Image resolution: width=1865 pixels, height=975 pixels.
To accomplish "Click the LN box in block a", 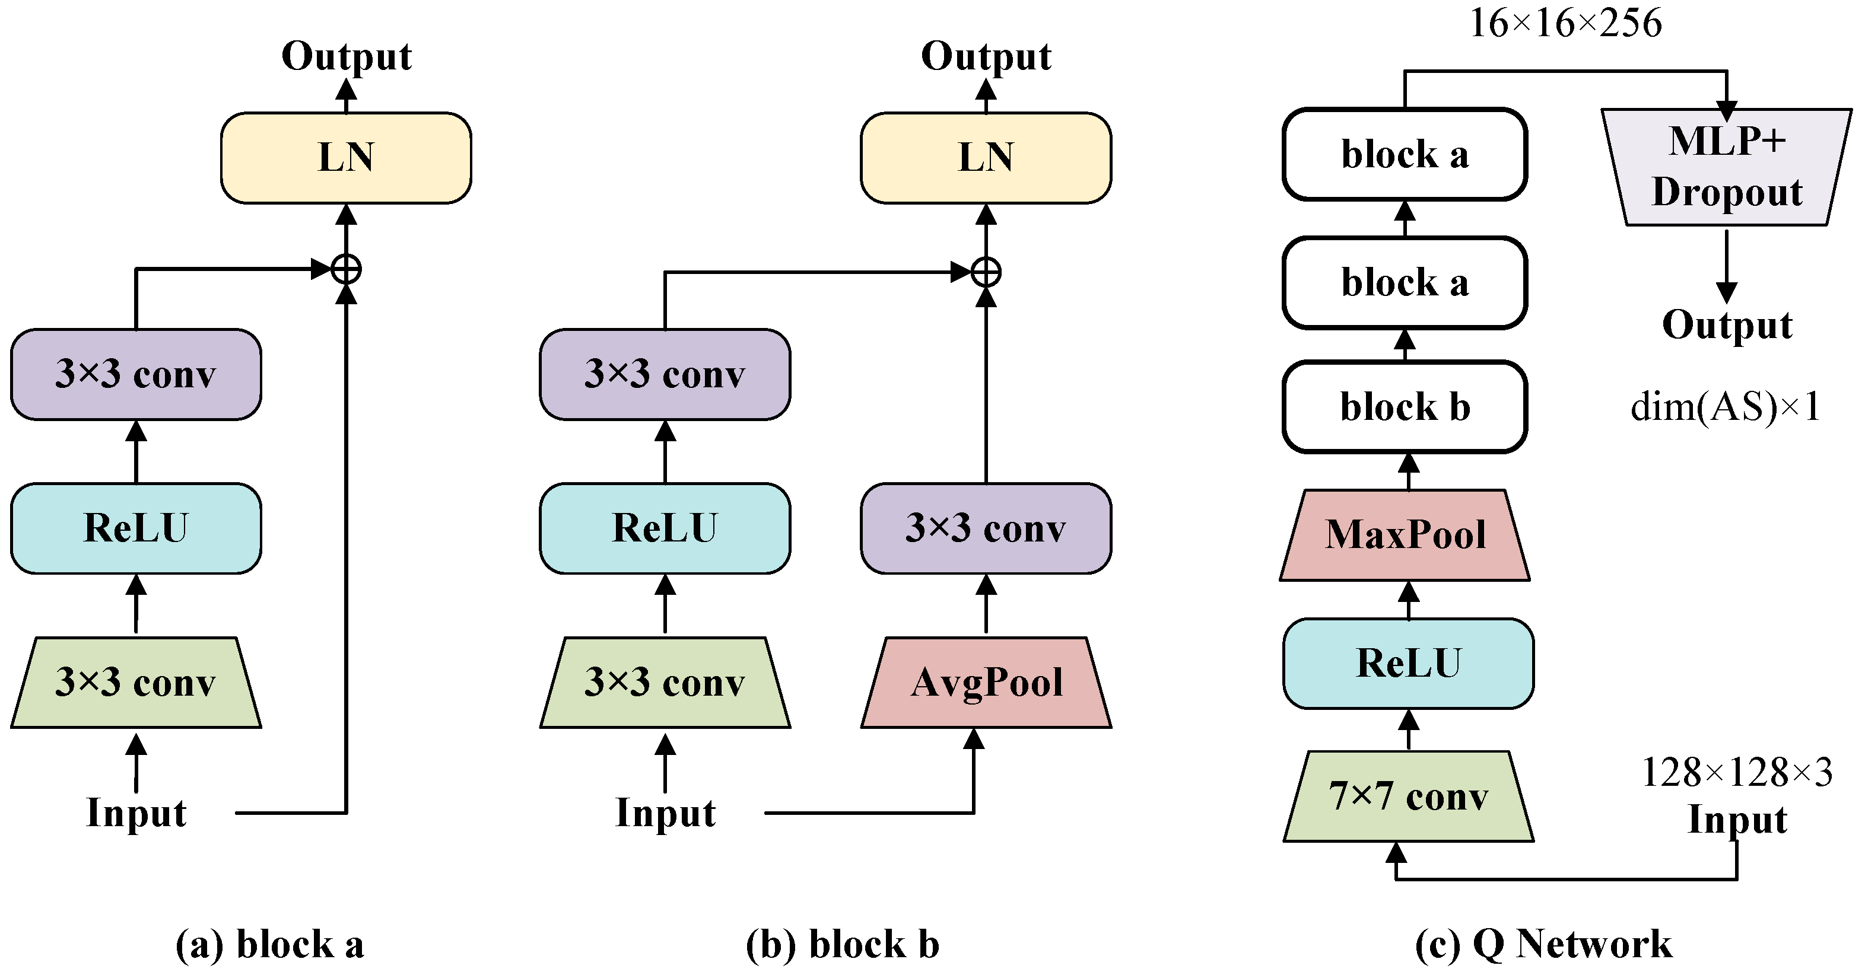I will pos(345,158).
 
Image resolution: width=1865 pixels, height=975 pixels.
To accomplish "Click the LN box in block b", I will pos(986,158).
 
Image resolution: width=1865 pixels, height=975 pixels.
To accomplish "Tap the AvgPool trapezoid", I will pos(986,683).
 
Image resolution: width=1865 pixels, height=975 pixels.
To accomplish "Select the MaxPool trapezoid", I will pos(1405,536).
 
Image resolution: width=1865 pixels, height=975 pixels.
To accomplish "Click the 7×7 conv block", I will pos(1408,796).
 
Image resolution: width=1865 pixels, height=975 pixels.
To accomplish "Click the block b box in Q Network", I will pos(1405,407).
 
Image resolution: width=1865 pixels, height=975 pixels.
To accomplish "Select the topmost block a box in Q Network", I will pos(1405,154).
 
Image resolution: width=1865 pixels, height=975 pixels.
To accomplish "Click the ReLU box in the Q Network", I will pos(1408,663).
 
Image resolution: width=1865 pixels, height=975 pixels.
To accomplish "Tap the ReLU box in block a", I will pos(136,528).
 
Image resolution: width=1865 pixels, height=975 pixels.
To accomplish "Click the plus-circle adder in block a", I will pos(346,270).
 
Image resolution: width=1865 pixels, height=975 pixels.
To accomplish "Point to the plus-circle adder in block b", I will pos(986,273).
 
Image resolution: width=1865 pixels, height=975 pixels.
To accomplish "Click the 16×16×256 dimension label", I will pos(1565,23).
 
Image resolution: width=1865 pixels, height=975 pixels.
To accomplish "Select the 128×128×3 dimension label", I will pos(1736,772).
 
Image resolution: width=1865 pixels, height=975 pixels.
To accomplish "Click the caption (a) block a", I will pos(269,945).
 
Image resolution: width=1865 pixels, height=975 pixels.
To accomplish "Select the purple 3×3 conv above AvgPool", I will pos(986,528).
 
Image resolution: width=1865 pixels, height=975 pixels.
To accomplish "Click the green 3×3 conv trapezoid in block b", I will pos(665,683).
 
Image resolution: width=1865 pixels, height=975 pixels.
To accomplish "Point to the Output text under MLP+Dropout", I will pos(1727,325).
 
